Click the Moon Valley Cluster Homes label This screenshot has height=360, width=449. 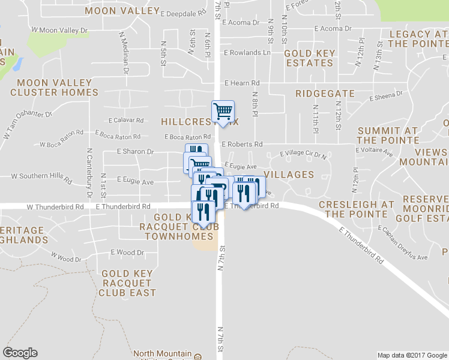coord(55,88)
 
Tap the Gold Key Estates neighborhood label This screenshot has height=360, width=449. coord(310,58)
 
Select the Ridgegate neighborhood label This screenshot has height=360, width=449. coord(322,94)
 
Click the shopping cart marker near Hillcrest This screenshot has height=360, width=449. coord(223,111)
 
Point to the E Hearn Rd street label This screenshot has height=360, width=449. coord(241,83)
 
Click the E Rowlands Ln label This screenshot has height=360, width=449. coord(247,53)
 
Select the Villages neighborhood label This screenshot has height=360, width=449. coord(289,175)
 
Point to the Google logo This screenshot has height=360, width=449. coord(20,353)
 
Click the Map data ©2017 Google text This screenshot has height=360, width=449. coord(412,355)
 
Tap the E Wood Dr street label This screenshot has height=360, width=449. coord(127,253)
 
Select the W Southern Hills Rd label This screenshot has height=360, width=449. coord(42,177)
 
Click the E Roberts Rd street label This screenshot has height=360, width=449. coord(242,145)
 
